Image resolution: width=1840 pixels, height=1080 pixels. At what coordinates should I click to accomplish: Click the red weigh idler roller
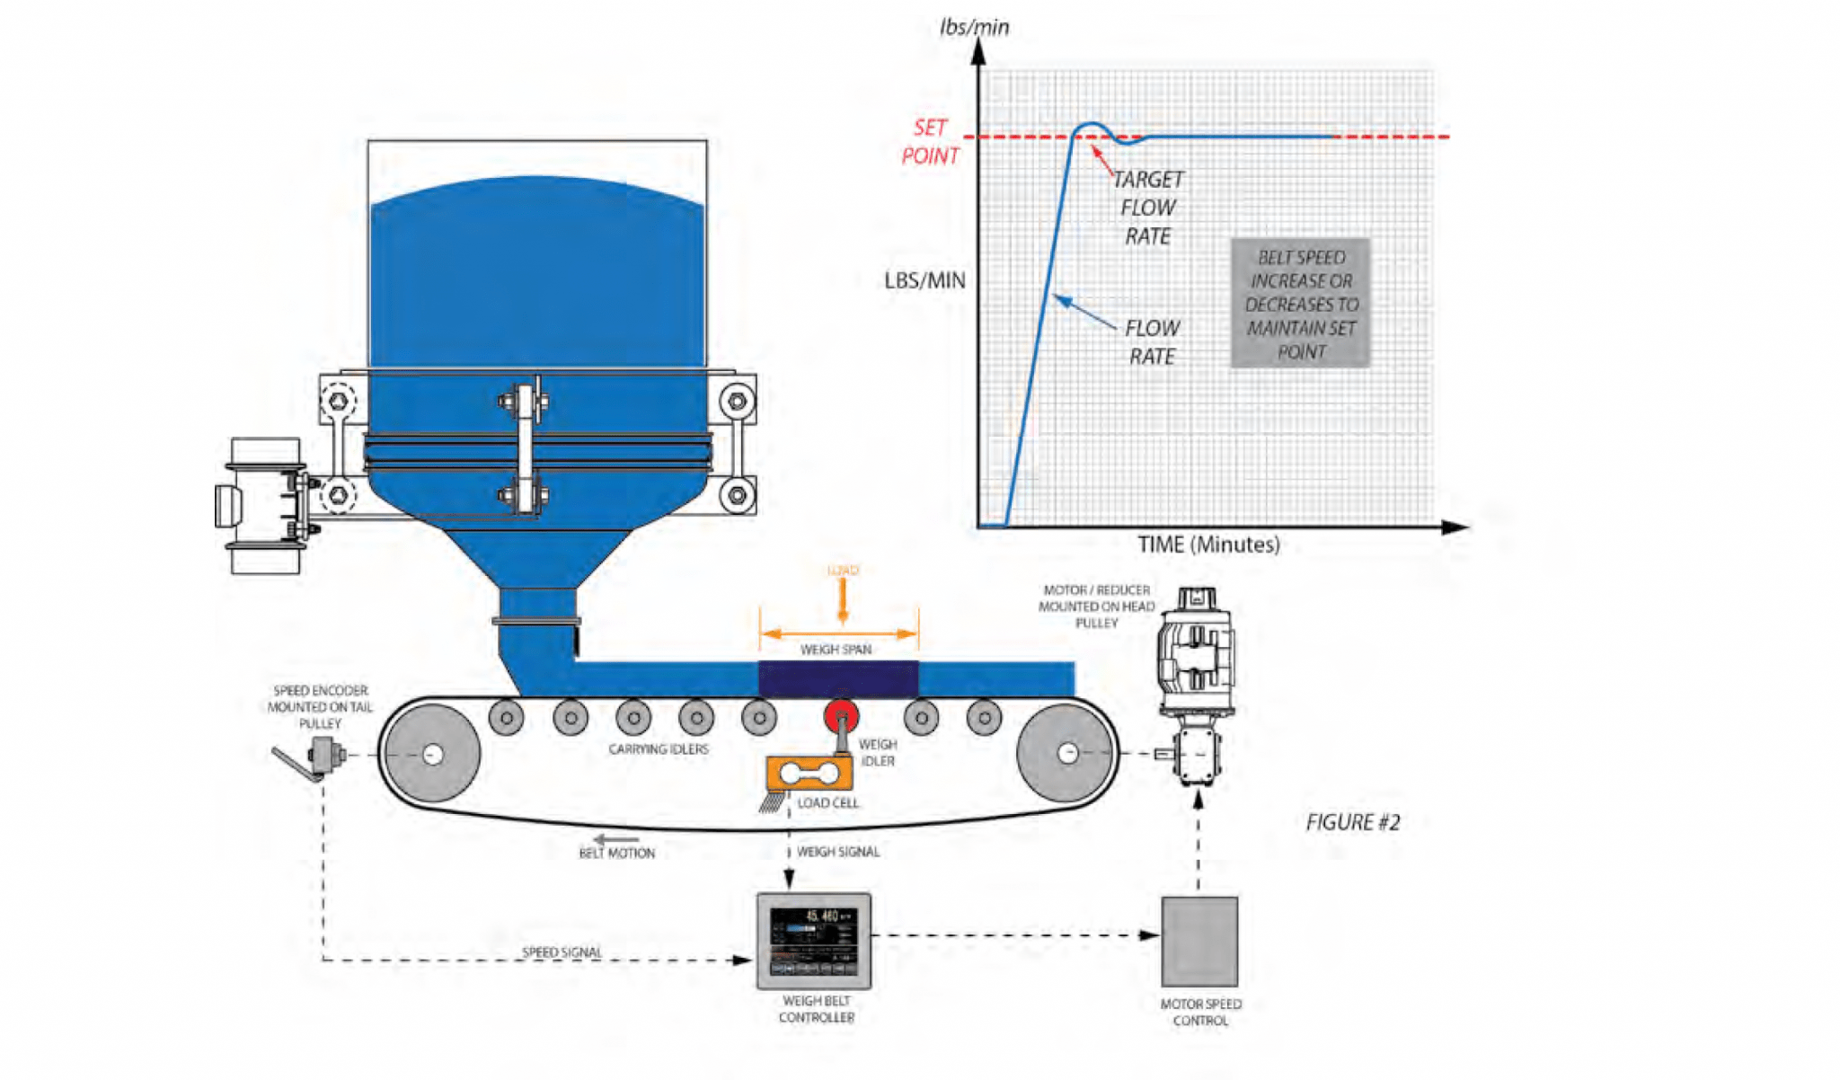tap(841, 716)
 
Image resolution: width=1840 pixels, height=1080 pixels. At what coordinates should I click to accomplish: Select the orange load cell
tap(809, 773)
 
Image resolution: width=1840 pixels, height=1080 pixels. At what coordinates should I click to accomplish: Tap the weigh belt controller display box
tap(814, 940)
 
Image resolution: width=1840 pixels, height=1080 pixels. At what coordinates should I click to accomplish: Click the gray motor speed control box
tap(1199, 941)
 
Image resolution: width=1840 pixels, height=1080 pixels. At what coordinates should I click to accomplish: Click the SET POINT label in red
tap(931, 142)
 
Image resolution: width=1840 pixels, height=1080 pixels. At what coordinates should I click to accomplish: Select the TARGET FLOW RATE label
tap(1147, 208)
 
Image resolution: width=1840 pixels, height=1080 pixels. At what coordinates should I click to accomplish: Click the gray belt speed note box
tap(1300, 304)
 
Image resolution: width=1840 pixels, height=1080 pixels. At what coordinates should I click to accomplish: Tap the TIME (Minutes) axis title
tap(1208, 544)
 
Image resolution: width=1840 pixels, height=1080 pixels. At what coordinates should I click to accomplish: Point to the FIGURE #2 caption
tap(1352, 822)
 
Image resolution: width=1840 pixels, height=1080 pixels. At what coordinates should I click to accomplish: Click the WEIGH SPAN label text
tap(836, 649)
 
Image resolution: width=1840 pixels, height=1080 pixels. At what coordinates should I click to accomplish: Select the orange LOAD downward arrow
tap(842, 600)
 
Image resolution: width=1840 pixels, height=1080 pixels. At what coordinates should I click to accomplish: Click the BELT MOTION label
tap(616, 853)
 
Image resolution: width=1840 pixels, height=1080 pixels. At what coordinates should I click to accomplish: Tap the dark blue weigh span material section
tap(837, 678)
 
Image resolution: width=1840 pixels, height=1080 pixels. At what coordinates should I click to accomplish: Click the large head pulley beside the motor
tap(1067, 753)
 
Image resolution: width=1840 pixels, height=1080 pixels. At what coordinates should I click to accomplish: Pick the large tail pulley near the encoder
tap(432, 754)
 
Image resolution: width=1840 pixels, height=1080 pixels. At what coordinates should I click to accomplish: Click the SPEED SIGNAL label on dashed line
tap(562, 952)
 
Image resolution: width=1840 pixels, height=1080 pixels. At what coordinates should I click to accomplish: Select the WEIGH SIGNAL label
tap(838, 851)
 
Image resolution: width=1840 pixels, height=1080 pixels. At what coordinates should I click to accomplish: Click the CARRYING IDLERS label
tap(658, 748)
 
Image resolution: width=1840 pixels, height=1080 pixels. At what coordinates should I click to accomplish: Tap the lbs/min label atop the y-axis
tap(974, 27)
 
